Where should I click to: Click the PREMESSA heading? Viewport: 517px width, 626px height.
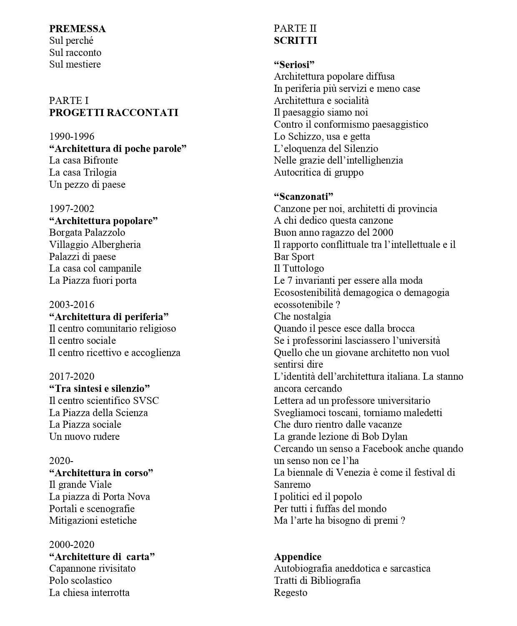click(77, 29)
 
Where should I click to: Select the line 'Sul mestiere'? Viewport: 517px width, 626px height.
click(75, 64)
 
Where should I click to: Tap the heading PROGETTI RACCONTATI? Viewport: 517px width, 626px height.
click(113, 113)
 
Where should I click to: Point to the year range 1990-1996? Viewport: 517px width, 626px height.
click(72, 136)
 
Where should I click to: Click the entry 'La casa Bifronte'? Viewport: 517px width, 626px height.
click(83, 161)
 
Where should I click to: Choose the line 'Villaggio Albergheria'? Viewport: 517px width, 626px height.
click(95, 245)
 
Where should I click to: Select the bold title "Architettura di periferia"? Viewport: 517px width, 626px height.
click(108, 317)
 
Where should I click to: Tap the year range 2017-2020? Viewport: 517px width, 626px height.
click(72, 376)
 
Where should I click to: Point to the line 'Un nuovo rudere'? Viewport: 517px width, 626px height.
click(84, 437)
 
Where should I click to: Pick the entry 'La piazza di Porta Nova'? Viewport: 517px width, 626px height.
click(99, 497)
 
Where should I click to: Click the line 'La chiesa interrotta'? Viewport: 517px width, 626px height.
click(89, 593)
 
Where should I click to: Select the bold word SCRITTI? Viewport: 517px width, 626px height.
click(295, 40)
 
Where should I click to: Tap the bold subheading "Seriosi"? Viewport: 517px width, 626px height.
click(294, 65)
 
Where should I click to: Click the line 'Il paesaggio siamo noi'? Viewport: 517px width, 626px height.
click(321, 113)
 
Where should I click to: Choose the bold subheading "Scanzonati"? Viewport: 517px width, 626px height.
click(304, 197)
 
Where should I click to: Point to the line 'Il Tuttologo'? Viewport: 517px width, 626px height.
click(299, 268)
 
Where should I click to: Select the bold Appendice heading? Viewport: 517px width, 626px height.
click(297, 557)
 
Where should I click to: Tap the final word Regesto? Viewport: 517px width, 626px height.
click(290, 593)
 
